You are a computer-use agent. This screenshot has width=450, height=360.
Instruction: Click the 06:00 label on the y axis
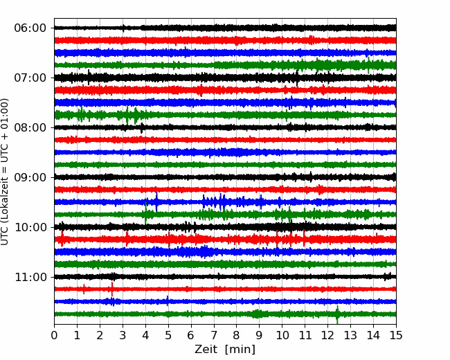(x=30, y=28)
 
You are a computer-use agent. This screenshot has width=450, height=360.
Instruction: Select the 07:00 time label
(x=30, y=78)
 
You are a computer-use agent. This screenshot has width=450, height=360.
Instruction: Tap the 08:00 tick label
(x=30, y=127)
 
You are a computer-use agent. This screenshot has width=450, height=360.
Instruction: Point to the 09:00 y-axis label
(x=30, y=177)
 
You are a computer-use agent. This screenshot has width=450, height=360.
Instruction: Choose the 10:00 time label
(x=30, y=227)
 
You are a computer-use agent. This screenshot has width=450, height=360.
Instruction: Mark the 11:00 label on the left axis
(x=30, y=277)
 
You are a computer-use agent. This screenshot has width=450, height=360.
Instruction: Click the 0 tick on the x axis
(x=54, y=335)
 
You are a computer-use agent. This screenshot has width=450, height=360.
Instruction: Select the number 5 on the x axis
(x=168, y=335)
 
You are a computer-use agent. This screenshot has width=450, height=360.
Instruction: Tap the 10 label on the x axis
(x=282, y=335)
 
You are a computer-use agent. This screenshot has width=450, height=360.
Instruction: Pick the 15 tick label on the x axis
(x=396, y=335)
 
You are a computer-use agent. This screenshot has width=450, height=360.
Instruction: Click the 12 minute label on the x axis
(x=327, y=335)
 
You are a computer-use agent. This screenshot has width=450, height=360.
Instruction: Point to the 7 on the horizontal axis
(x=214, y=335)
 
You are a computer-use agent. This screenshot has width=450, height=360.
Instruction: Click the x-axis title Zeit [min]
(x=225, y=350)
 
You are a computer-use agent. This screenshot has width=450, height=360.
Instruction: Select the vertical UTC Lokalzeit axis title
(x=5, y=172)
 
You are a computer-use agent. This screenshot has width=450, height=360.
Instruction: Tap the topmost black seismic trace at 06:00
(x=225, y=28)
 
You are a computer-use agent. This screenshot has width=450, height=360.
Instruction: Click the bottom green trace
(x=225, y=314)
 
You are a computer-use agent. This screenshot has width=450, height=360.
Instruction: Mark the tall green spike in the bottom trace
(x=338, y=314)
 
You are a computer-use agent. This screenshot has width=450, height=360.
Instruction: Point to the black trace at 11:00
(x=225, y=277)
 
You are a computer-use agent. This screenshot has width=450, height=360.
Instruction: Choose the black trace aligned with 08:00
(x=225, y=127)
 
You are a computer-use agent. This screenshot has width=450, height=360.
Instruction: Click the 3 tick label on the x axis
(x=123, y=335)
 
